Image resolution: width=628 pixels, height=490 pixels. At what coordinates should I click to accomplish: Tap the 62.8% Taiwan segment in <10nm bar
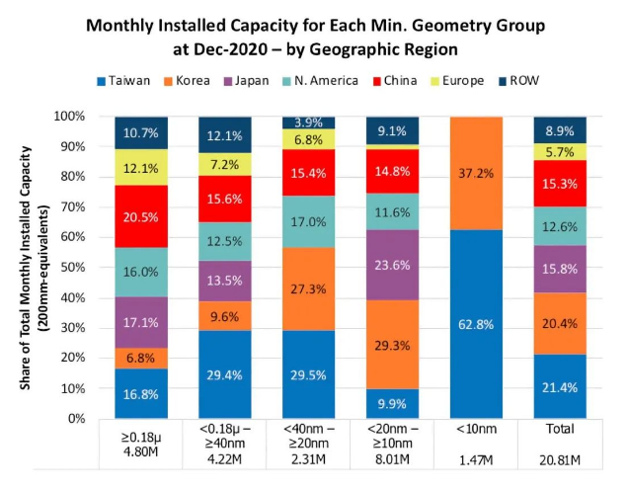[x=476, y=323]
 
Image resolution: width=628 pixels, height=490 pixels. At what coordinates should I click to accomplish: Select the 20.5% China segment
[x=141, y=217]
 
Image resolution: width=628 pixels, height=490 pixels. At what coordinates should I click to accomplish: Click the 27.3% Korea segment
[x=308, y=288]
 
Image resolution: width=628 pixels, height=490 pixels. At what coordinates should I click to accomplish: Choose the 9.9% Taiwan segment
[x=392, y=403]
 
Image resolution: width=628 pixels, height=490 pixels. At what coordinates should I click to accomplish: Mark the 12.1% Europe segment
[x=141, y=168]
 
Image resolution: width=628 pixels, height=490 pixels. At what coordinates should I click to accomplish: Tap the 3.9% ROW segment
[x=308, y=122]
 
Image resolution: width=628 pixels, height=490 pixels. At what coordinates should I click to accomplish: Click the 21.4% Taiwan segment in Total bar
[x=560, y=386]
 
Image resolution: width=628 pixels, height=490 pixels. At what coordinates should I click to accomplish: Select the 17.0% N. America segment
[x=308, y=221]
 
